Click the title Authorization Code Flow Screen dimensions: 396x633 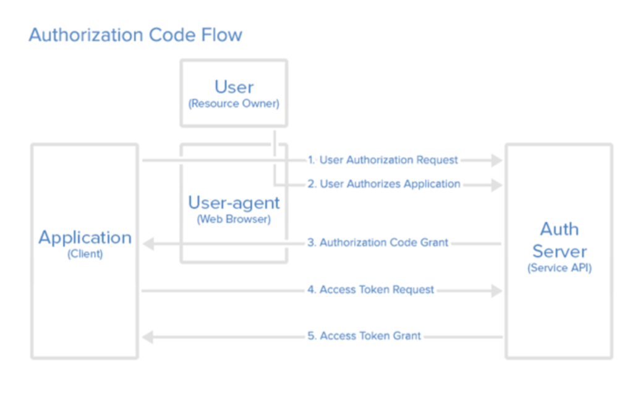point(135,35)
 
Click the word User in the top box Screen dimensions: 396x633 point(234,87)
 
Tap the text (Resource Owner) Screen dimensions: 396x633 point(234,103)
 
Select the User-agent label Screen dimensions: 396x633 point(234,202)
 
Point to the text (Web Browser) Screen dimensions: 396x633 point(234,219)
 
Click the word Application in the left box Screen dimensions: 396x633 point(85,238)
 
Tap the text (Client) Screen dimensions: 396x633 point(85,254)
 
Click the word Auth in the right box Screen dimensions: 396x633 point(559,230)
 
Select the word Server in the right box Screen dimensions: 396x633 point(559,251)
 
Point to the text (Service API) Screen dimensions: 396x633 point(559,269)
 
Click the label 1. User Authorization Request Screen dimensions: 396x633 point(383,160)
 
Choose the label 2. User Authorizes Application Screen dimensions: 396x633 point(384,184)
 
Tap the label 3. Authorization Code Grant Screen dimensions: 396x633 point(378,243)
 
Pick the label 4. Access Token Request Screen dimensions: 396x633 point(371,290)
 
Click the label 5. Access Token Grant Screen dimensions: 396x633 point(364,336)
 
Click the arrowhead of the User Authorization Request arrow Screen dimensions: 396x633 point(496,160)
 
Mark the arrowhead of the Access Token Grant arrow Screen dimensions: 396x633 point(148,337)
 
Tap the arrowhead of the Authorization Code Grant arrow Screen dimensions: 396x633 point(148,243)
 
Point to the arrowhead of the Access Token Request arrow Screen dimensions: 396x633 point(496,290)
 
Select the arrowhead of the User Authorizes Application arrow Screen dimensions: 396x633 point(496,184)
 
